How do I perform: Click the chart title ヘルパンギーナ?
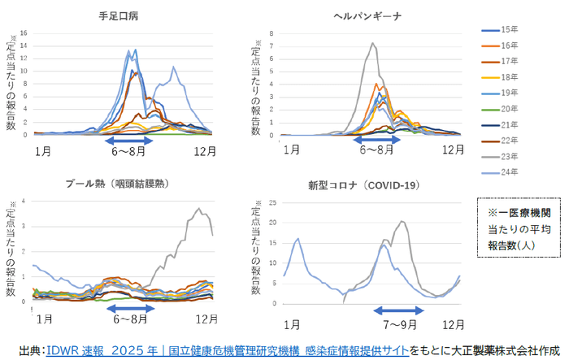[x=367, y=15]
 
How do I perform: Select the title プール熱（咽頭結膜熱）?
[x=120, y=184]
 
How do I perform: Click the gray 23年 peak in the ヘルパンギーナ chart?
[x=372, y=44]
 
